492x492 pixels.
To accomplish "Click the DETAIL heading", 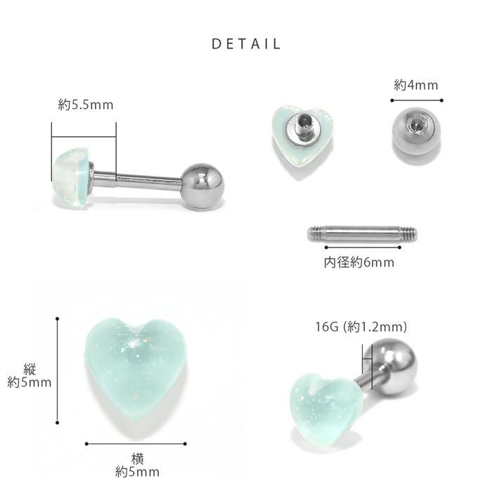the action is click(x=246, y=44).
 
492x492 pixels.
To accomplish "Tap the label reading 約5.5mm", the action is click(x=86, y=105).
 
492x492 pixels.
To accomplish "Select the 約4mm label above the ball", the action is click(x=416, y=85).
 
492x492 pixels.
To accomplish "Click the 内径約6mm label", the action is click(x=359, y=262).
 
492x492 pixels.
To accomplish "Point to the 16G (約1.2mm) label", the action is click(x=361, y=327).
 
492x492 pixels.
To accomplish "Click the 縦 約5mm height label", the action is click(x=30, y=376).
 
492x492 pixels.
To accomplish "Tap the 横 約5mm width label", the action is click(x=137, y=465).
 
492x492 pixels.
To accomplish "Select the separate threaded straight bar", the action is click(x=362, y=234).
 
